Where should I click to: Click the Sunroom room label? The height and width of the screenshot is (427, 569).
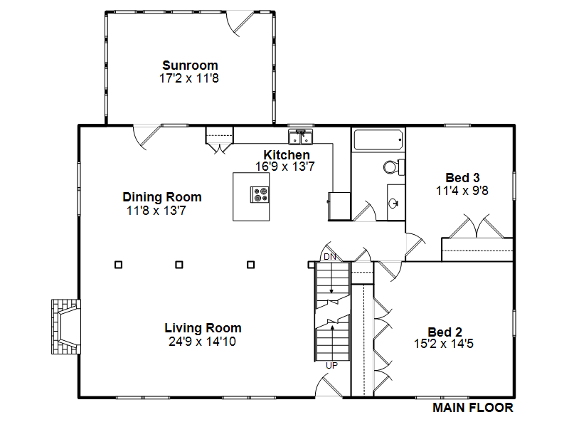click(x=190, y=65)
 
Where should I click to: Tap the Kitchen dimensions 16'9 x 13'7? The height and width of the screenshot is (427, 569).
click(x=285, y=167)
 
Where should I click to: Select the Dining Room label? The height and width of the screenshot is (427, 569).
click(x=162, y=197)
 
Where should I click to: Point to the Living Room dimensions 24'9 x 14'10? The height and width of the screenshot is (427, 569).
click(x=202, y=342)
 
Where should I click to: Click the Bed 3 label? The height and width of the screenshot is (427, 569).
click(x=462, y=177)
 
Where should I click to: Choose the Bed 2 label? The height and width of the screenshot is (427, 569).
click(x=445, y=332)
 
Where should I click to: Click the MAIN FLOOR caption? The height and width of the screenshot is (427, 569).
click(x=473, y=408)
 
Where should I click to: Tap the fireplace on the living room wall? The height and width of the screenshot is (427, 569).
click(x=66, y=327)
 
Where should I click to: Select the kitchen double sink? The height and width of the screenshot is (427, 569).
click(x=300, y=137)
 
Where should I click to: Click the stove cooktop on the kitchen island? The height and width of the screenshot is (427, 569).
click(x=260, y=194)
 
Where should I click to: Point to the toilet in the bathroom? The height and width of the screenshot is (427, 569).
click(x=394, y=167)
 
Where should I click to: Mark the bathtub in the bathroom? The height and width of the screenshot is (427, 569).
click(x=378, y=139)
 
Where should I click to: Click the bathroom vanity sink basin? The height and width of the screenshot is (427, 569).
click(x=393, y=204)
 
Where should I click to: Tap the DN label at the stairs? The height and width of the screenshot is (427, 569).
click(x=330, y=257)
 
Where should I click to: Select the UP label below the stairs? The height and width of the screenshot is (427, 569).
click(x=331, y=366)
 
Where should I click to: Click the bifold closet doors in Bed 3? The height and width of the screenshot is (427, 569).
click(x=477, y=226)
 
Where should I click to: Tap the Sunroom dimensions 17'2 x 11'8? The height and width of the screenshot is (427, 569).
click(x=189, y=78)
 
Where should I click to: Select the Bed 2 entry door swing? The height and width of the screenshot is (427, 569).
click(x=389, y=271)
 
